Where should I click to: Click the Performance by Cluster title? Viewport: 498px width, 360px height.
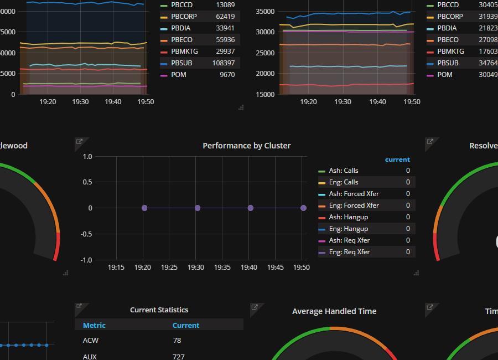pyautogui.click(x=246, y=146)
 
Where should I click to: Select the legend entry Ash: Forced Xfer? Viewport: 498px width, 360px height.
pyautogui.click(x=354, y=194)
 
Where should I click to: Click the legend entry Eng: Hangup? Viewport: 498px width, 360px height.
pyautogui.click(x=348, y=229)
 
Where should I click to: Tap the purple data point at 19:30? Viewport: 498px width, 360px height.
pyautogui.click(x=198, y=208)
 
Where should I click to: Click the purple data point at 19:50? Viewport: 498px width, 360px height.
pyautogui.click(x=304, y=208)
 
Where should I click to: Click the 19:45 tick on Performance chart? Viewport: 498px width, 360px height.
pyautogui.click(x=275, y=268)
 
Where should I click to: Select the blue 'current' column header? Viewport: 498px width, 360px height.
pyautogui.click(x=397, y=160)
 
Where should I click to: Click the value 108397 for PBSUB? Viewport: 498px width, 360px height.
pyautogui.click(x=224, y=63)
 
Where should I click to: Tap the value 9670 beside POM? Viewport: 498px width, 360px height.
pyautogui.click(x=227, y=75)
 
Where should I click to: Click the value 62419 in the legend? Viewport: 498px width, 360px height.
pyautogui.click(x=225, y=17)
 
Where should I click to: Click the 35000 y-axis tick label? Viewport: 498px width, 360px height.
pyautogui.click(x=266, y=12)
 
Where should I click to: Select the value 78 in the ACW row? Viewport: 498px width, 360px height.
pyautogui.click(x=177, y=341)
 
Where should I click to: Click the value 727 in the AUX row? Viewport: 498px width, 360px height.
pyautogui.click(x=179, y=357)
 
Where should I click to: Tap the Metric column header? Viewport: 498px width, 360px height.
pyautogui.click(x=94, y=326)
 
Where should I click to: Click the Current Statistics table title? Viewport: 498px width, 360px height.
pyautogui.click(x=159, y=310)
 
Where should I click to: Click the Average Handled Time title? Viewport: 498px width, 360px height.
pyautogui.click(x=334, y=311)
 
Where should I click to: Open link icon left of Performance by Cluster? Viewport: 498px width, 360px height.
pyautogui.click(x=79, y=142)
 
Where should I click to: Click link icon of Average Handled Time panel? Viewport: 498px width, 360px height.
pyautogui.click(x=255, y=307)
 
